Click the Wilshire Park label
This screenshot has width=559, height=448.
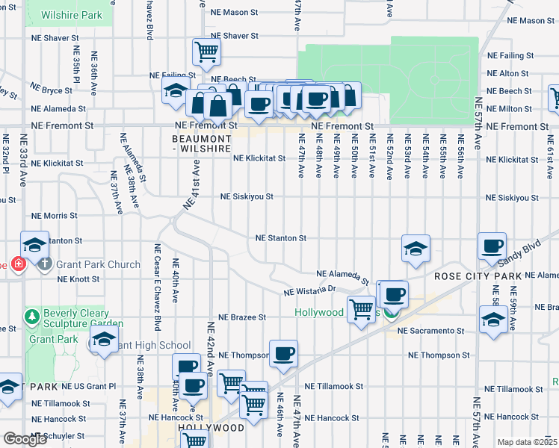(71, 15)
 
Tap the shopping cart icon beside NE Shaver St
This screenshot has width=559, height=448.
(207, 52)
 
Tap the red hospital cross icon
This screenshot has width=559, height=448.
(19, 264)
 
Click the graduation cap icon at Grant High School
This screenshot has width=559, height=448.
(104, 338)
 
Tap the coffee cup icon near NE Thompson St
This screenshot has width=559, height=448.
(282, 353)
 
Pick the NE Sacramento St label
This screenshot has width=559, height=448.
(431, 330)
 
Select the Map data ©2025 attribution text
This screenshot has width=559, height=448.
(527, 442)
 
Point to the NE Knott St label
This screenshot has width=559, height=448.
(78, 279)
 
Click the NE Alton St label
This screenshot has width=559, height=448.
(507, 74)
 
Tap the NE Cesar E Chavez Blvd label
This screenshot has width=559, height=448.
(157, 287)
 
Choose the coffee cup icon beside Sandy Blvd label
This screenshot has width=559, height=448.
(492, 246)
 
